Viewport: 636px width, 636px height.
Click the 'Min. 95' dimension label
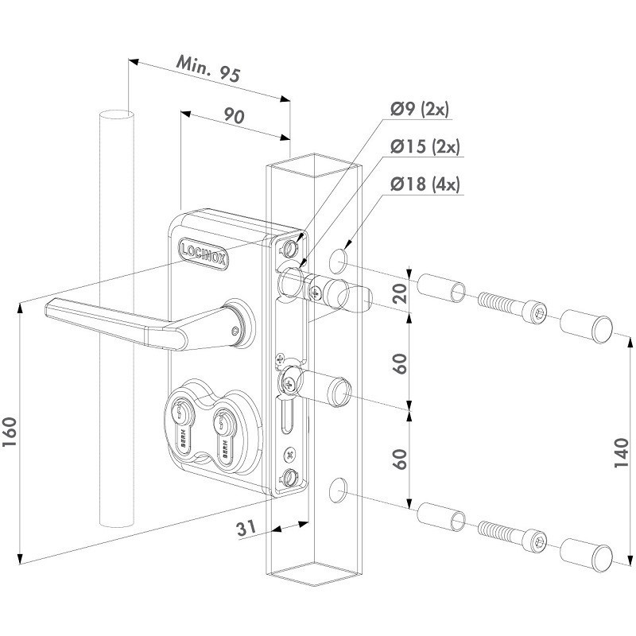tap(209, 72)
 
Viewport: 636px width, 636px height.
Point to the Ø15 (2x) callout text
tap(425, 147)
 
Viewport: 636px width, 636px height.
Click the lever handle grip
tap(111, 321)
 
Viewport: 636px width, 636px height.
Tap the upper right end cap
tap(588, 328)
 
